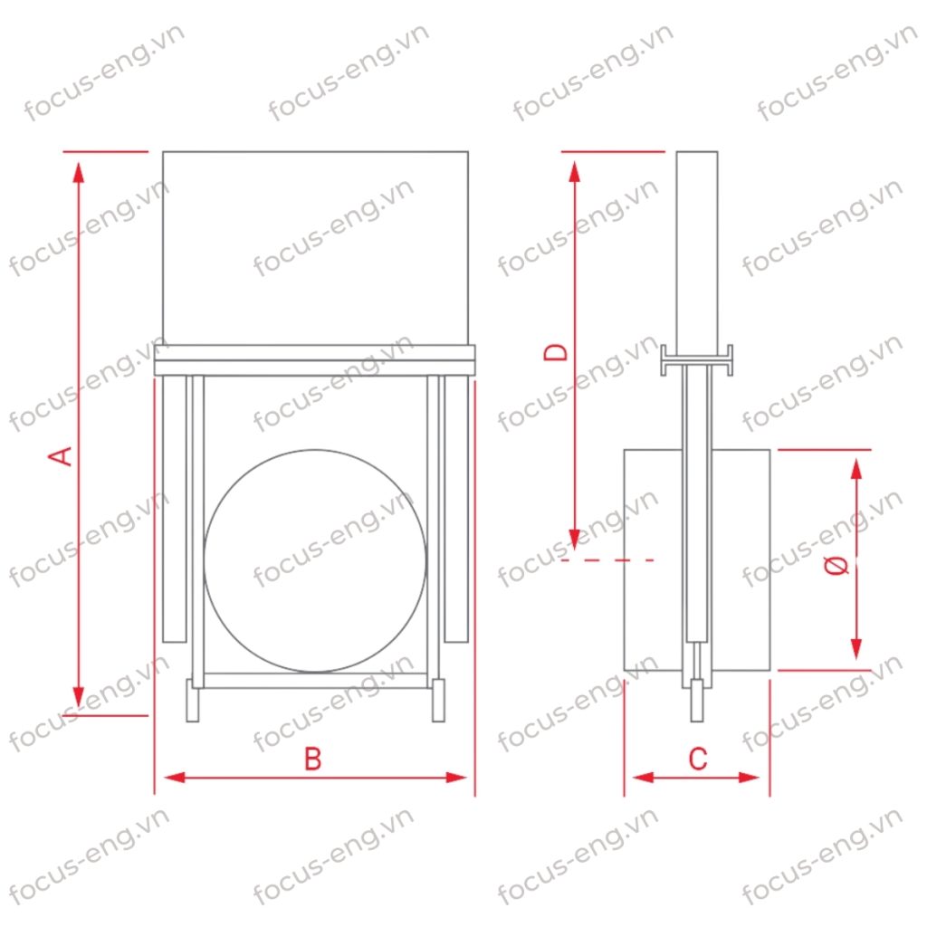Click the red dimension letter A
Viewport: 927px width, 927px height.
(x=61, y=456)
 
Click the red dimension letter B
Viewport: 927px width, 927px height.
(x=312, y=759)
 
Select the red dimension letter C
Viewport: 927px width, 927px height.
(x=698, y=759)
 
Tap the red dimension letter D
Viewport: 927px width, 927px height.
(x=555, y=352)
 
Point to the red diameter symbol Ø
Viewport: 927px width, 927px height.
(x=837, y=566)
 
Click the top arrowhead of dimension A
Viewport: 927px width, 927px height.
(x=79, y=172)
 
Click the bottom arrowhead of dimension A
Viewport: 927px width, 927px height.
(x=79, y=696)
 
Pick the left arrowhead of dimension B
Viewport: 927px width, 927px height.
(x=175, y=778)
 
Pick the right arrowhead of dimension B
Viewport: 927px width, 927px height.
(x=456, y=778)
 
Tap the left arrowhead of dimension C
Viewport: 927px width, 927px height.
(x=644, y=778)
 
